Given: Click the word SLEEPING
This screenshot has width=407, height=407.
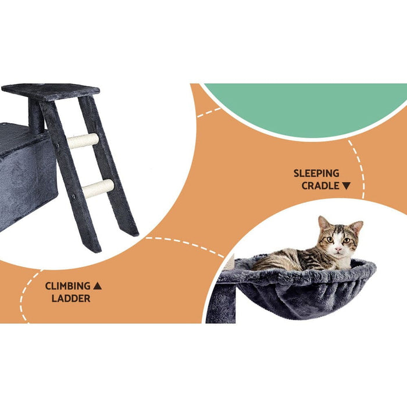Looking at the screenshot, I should [316, 173].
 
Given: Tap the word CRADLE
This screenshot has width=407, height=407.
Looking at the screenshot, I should [320, 186].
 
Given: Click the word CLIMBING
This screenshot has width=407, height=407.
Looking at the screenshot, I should [68, 286].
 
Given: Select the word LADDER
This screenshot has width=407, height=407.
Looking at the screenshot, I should [70, 299].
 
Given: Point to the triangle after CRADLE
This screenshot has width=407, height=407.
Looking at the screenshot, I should [347, 186].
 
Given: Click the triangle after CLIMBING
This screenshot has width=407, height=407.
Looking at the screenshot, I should [98, 286].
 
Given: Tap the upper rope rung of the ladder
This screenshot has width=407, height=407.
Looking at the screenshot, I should [83, 141].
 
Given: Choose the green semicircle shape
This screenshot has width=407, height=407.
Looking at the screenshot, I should [302, 108].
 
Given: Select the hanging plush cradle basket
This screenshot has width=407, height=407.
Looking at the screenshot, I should [297, 291].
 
